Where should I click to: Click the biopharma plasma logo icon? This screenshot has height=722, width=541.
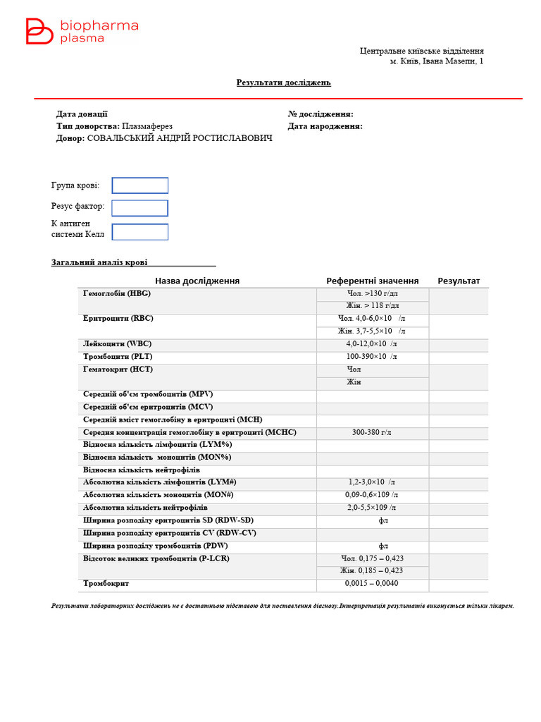[x=39, y=32]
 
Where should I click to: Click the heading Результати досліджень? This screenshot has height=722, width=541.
[x=283, y=82]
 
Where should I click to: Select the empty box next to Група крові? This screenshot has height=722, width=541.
[x=140, y=185]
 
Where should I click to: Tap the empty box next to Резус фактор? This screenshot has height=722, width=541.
[x=140, y=208]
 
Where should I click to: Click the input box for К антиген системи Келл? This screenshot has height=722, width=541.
[x=140, y=232]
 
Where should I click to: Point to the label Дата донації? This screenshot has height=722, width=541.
[x=82, y=114]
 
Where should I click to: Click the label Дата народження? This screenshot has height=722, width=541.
[x=325, y=126]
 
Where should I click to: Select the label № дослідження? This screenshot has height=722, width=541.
[x=321, y=114]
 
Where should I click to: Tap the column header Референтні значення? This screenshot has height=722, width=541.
[x=372, y=281]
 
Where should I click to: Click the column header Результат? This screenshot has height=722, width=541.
[x=459, y=281]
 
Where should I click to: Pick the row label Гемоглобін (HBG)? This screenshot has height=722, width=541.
[x=117, y=293]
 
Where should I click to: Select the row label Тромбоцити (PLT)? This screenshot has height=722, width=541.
[x=118, y=357]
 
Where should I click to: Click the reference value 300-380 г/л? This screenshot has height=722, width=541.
[x=372, y=432]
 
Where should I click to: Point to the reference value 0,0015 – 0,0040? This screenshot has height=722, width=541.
[x=372, y=584]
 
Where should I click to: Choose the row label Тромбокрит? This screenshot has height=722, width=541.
[x=106, y=584]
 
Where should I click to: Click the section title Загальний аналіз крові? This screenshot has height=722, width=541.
[x=99, y=262]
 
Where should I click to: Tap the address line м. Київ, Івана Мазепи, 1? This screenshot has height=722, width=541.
[x=437, y=61]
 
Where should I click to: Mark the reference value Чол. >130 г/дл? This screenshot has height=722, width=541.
[x=372, y=293]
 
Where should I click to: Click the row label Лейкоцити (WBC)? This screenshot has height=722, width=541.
[x=117, y=344]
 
